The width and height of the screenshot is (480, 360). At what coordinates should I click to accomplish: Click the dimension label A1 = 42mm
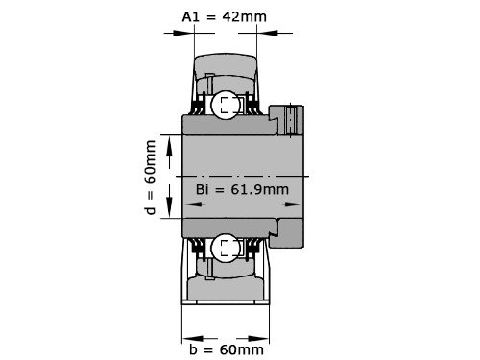[225, 15]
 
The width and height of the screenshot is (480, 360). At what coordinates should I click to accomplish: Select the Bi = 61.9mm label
[241, 189]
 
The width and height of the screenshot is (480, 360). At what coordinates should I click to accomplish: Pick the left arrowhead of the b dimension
[187, 337]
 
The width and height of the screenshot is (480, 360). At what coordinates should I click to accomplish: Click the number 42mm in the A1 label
[246, 15]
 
